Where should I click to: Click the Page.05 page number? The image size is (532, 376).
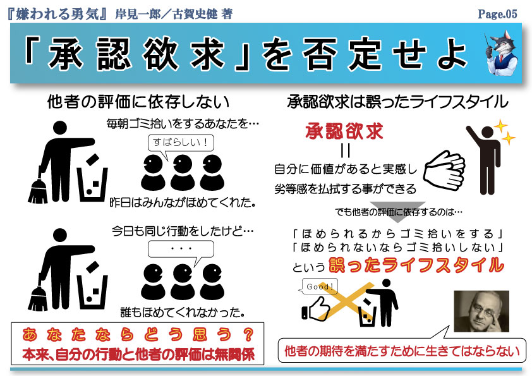click(x=497, y=14)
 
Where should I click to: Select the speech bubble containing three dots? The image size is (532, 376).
click(x=181, y=251)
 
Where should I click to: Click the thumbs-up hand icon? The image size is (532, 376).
click(x=315, y=309)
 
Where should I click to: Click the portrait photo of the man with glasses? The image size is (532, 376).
click(x=481, y=311)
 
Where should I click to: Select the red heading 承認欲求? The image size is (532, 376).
click(x=344, y=131)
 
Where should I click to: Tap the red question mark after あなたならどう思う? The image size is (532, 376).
click(x=248, y=334)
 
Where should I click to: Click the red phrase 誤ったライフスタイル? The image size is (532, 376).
click(x=416, y=265)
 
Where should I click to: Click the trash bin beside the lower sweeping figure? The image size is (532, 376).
click(x=92, y=291)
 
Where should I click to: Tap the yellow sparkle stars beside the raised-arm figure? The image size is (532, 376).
click(x=505, y=132)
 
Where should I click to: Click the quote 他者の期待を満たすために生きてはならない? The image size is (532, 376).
click(x=402, y=351)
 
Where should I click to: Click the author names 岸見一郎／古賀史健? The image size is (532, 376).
click(x=166, y=15)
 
